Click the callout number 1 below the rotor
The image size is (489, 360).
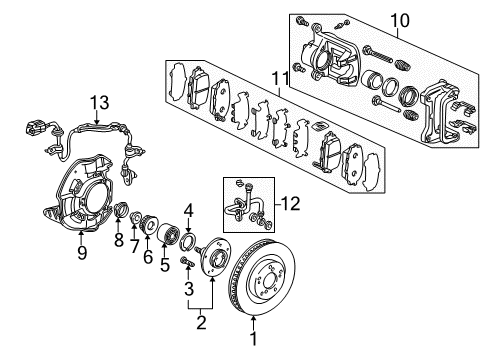(x=254, y=339)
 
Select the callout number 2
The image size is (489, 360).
(x=201, y=322)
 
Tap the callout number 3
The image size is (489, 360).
(x=189, y=288)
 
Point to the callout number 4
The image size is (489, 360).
(x=188, y=211)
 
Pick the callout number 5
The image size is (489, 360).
(x=165, y=264)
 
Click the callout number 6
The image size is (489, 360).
(x=148, y=256)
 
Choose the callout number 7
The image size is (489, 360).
(x=134, y=246)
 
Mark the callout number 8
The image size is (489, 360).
(x=119, y=239)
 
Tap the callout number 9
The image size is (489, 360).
(x=82, y=252)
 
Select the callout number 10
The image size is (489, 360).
(x=400, y=21)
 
